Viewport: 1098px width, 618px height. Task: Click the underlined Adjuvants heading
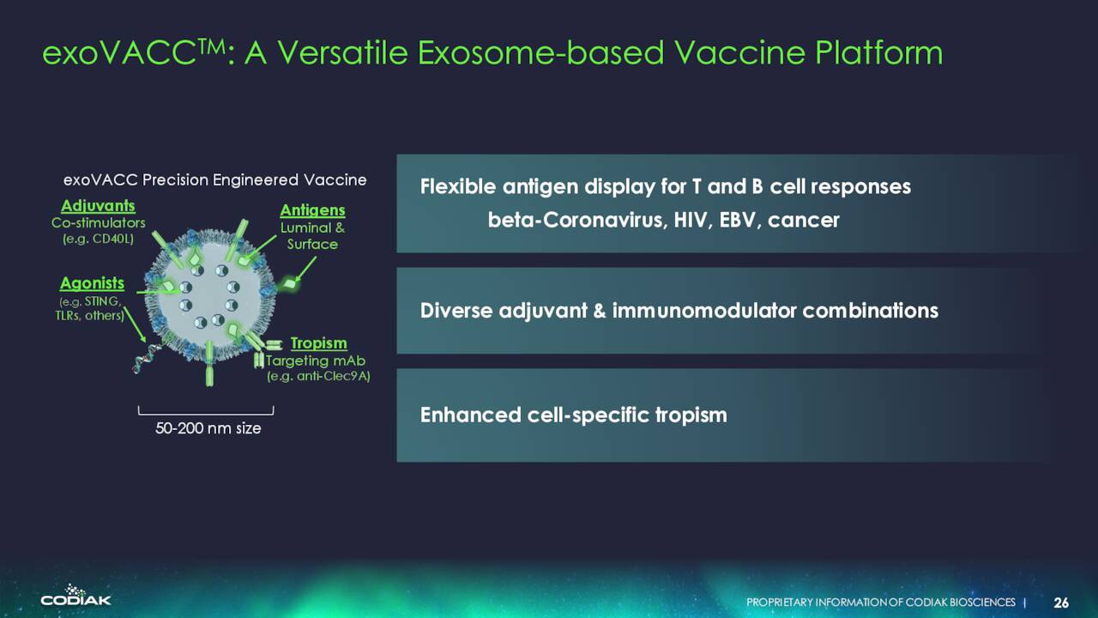98,206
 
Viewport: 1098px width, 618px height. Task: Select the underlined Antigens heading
313,210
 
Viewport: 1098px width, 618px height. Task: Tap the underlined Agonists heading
92,283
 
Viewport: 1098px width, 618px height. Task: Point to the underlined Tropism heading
318,343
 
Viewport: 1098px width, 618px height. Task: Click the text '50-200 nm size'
208,428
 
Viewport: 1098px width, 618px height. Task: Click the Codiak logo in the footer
76,596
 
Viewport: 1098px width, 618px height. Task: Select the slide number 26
1061,603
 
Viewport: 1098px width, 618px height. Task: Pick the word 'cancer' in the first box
804,221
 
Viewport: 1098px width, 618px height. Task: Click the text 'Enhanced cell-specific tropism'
574,415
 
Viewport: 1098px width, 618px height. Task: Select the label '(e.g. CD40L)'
98,239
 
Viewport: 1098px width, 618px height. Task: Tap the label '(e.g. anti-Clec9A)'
318,376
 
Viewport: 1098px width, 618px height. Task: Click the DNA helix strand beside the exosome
147,359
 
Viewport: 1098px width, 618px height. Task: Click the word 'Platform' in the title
879,52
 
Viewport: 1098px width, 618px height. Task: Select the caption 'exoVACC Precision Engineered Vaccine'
214,180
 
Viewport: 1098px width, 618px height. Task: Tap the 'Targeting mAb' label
316,361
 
